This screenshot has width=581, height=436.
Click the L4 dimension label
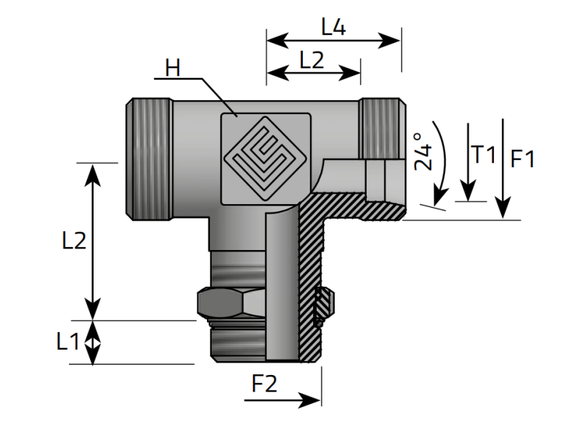333,28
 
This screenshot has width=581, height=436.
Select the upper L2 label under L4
311,61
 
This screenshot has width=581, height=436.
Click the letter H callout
172,68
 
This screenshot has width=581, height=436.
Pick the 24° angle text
423,150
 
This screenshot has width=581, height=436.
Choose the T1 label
483,154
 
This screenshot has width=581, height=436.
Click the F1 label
522,158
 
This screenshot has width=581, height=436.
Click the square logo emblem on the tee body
264,157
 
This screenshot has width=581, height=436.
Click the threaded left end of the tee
149,158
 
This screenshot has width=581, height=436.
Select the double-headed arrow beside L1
93,342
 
